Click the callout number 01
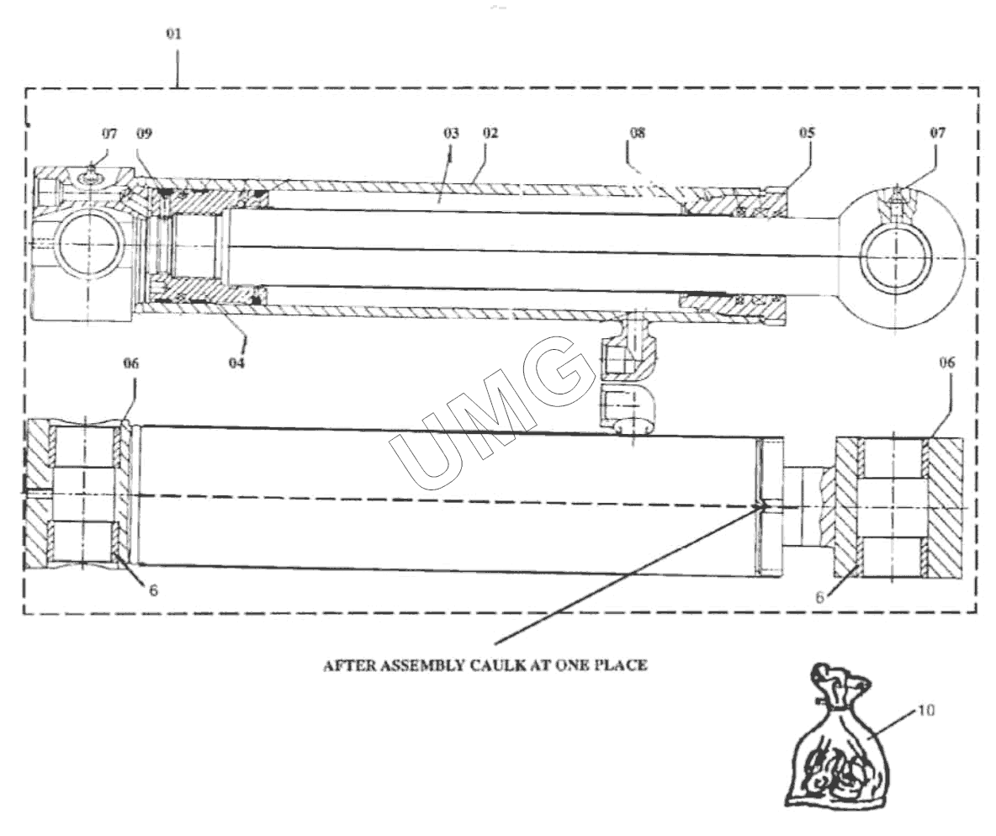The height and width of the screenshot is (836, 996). click(x=173, y=34)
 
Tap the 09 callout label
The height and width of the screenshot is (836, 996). click(x=145, y=133)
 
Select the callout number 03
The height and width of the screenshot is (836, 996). click(x=451, y=133)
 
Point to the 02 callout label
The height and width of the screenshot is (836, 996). click(x=490, y=133)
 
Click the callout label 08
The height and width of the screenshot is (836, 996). click(x=637, y=133)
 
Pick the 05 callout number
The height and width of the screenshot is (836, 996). click(x=807, y=133)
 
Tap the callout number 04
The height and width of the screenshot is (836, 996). click(x=237, y=363)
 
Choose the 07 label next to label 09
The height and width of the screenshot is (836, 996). click(x=110, y=133)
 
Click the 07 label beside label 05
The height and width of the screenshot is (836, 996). click(x=937, y=133)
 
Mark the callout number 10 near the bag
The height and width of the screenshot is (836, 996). click(x=925, y=711)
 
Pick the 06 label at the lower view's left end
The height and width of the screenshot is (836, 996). click(x=130, y=363)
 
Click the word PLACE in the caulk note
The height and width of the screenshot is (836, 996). click(x=623, y=665)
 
